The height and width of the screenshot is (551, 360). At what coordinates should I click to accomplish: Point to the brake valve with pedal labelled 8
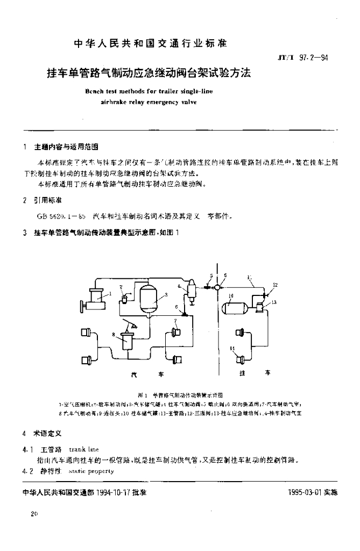click(128, 341)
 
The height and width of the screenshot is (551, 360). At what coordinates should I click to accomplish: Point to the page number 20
click(35, 514)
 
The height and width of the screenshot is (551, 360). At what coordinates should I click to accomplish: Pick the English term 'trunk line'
click(84, 449)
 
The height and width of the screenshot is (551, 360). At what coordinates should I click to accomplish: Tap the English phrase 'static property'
click(92, 471)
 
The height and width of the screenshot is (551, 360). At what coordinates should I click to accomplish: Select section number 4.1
click(27, 449)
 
